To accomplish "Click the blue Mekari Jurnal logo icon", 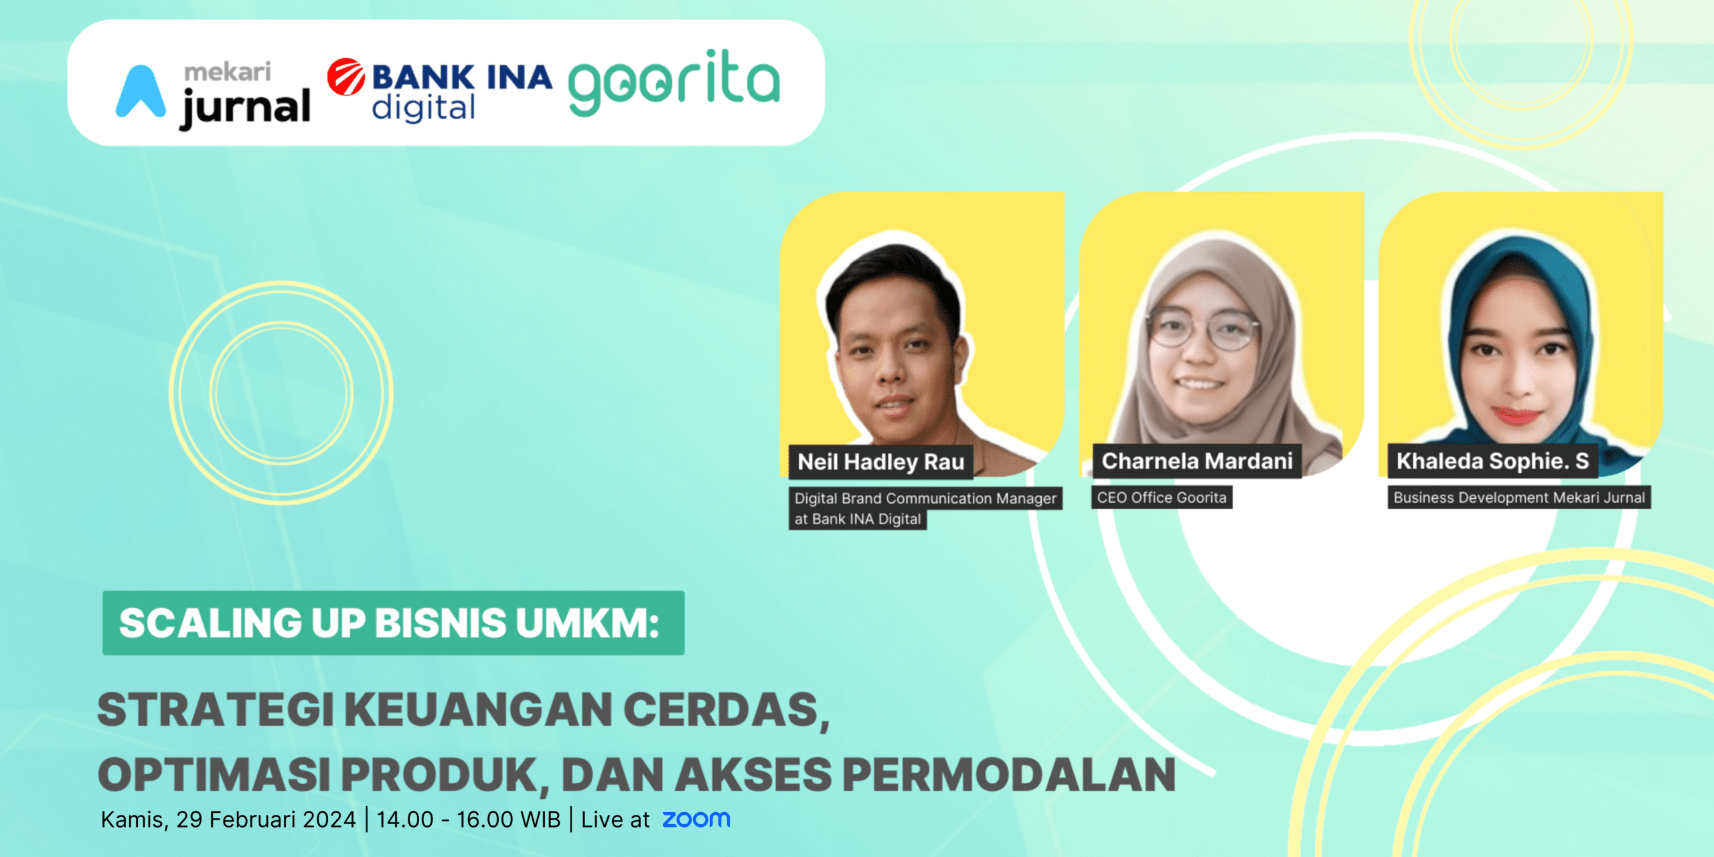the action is click(141, 92).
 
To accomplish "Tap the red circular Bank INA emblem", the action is click(346, 76).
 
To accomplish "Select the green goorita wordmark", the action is click(674, 82).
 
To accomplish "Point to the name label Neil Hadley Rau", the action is click(880, 462).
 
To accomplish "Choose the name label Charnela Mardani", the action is click(1197, 461).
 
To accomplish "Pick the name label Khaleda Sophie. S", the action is click(1492, 461).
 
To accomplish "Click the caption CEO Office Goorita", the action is click(1162, 497).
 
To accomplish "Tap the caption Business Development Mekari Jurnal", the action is click(1519, 497).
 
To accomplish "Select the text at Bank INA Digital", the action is click(858, 519).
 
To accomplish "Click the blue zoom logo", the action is click(696, 819).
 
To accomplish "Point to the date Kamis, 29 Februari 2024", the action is click(228, 820).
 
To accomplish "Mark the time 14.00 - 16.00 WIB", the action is click(469, 820).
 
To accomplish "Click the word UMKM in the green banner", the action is click(587, 623).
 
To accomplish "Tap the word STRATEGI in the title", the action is click(216, 709).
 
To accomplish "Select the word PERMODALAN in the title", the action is click(1009, 774).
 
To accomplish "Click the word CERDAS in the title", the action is click(726, 710).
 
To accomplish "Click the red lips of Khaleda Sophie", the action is click(1516, 415).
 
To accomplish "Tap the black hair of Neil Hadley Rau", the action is click(894, 281).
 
